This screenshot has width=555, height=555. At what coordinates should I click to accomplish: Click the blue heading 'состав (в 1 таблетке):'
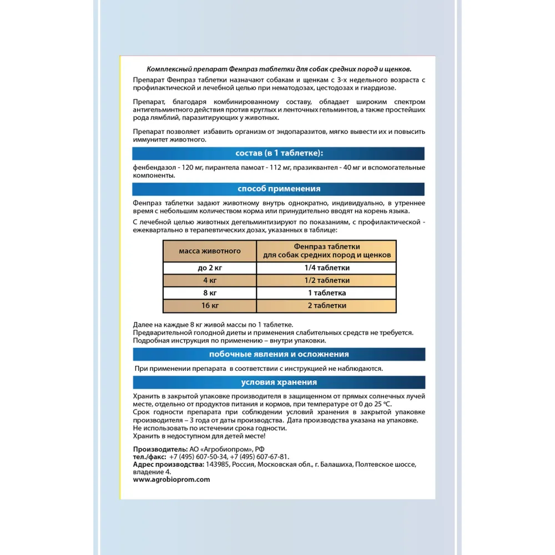279,154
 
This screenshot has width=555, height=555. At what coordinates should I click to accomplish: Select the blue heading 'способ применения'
279,189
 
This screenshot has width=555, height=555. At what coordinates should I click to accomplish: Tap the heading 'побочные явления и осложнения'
279,354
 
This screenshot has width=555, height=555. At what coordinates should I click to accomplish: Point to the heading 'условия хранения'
279,382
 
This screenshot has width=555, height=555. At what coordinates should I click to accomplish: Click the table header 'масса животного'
210,251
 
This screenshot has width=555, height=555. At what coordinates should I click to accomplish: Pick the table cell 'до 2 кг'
210,268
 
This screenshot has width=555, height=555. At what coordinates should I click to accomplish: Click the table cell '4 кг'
210,280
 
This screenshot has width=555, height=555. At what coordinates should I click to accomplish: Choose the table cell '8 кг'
210,292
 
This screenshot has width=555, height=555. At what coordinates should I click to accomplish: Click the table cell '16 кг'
210,305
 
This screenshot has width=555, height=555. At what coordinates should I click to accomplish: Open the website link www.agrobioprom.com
172,480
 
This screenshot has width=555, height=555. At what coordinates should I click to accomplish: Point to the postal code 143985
218,464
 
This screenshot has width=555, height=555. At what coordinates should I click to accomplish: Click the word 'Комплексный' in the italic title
168,69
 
